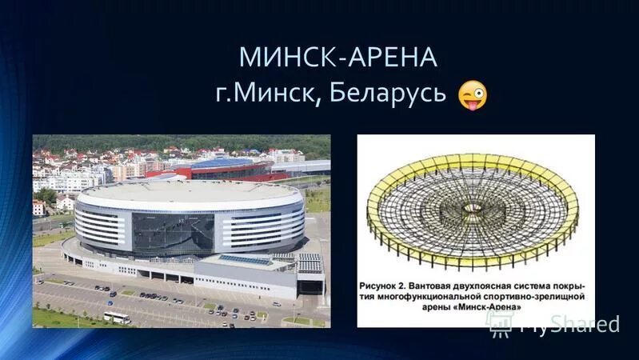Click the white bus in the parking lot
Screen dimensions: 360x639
point(117,318)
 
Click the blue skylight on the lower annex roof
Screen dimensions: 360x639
point(245,260)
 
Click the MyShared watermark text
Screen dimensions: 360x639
point(569,324)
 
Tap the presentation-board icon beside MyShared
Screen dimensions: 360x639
point(499,322)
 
